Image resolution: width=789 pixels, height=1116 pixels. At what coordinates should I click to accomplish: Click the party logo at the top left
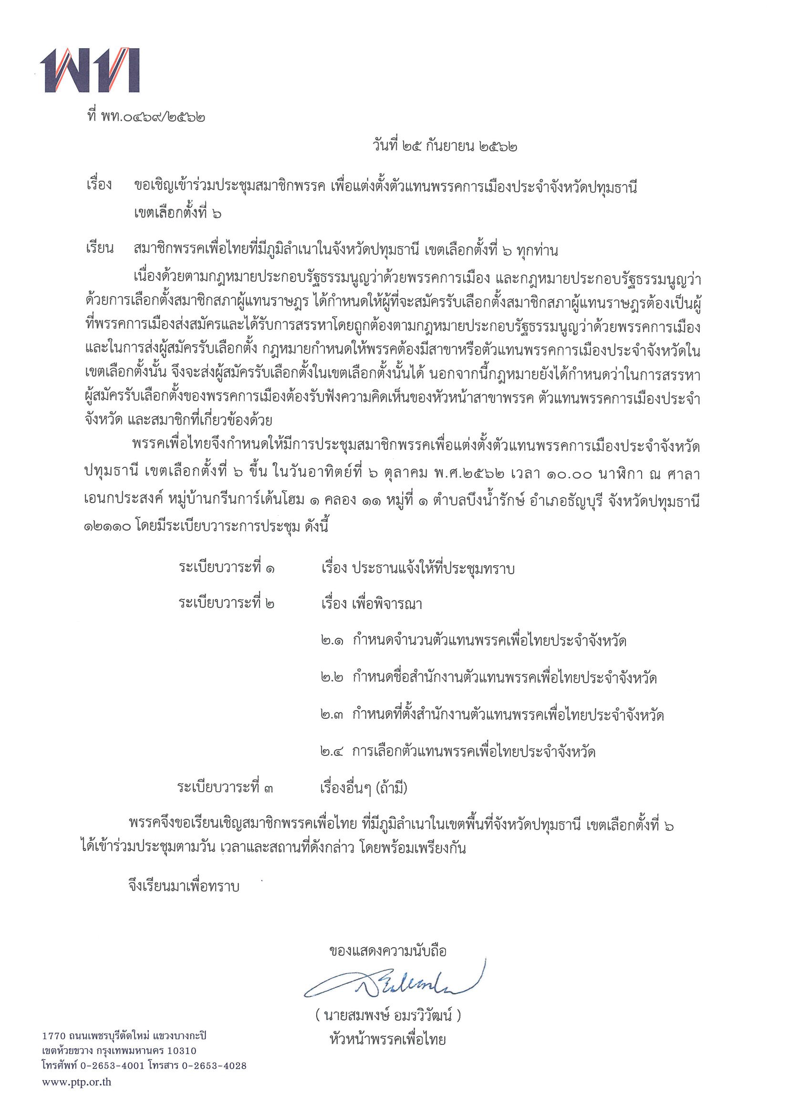(90, 70)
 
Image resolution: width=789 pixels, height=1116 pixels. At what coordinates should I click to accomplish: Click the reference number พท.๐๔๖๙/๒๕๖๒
(153, 117)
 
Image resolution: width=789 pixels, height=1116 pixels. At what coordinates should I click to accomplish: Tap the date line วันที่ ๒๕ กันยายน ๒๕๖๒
(444, 146)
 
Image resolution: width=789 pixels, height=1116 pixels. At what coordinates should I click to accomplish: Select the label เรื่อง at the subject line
(99, 185)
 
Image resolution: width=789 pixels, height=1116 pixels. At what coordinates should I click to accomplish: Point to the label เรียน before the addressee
(99, 249)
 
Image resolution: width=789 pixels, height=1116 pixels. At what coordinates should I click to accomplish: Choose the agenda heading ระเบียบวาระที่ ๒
(227, 604)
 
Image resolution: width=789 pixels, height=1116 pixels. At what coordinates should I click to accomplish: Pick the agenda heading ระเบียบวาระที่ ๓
(225, 787)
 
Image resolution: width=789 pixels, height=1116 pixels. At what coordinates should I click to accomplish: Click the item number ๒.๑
(332, 641)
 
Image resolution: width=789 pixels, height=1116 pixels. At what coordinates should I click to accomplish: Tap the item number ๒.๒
(332, 678)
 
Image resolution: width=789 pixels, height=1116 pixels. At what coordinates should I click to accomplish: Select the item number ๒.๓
(332, 715)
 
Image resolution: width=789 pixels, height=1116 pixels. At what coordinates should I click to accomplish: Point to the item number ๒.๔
(332, 752)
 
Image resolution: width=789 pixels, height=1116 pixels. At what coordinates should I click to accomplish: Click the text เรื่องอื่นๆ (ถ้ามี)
(363, 788)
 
